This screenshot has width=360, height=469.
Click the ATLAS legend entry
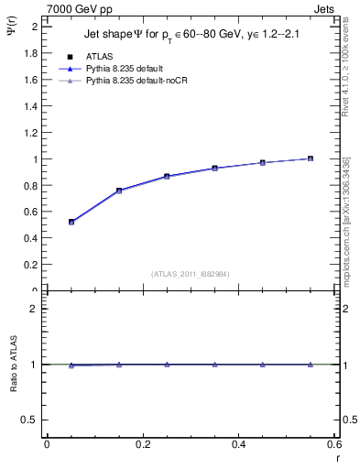click(x=100, y=56)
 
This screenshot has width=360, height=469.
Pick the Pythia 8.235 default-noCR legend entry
click(x=136, y=82)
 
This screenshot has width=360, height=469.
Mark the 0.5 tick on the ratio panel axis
click(x=31, y=420)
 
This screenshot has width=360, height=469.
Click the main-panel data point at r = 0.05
click(x=71, y=222)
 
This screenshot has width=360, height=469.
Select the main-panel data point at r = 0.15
click(x=119, y=191)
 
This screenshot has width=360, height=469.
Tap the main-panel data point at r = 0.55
click(x=311, y=158)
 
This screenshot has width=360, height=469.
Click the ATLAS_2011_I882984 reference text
click(x=190, y=273)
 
